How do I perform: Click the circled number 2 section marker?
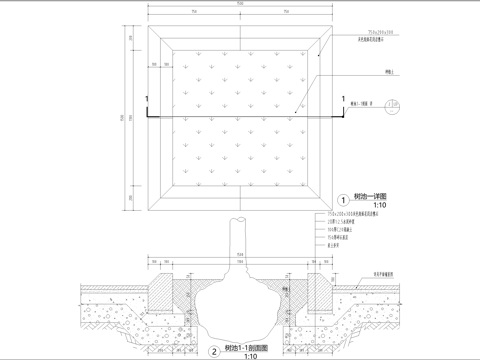point(214,351)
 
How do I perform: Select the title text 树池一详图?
point(368,198)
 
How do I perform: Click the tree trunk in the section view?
point(240,240)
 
